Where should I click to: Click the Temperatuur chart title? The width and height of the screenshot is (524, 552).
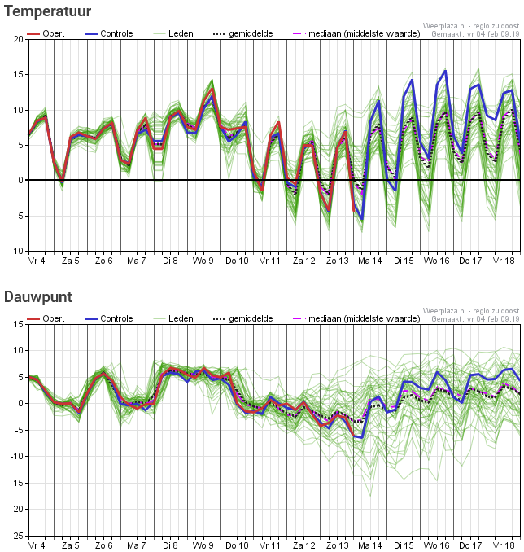[x=47, y=11]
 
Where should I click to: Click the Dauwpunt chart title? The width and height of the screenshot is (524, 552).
[x=38, y=297]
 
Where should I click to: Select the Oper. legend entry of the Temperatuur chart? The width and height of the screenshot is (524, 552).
[x=46, y=34]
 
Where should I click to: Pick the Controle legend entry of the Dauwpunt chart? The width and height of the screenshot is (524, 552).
[x=109, y=318]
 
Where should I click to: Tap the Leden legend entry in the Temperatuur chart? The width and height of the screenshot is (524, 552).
[x=173, y=34]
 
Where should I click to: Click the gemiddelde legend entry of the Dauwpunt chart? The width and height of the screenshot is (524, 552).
[x=242, y=318]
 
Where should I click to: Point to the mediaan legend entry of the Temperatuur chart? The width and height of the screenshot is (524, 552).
[x=356, y=34]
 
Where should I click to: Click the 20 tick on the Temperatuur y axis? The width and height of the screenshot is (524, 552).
[x=18, y=39]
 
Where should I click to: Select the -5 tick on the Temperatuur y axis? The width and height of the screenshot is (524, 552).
[x=18, y=216]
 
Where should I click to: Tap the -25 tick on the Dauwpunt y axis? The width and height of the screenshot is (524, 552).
[x=17, y=536]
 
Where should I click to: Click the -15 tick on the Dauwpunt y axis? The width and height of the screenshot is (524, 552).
[x=17, y=483]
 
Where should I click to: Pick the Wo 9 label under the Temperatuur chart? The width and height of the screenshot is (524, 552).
[x=203, y=261]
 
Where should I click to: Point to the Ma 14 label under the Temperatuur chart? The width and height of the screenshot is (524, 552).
[x=370, y=261]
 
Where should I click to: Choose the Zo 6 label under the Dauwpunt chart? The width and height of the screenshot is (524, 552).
[x=104, y=545]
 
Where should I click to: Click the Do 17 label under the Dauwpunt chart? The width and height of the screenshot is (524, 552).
[x=470, y=545]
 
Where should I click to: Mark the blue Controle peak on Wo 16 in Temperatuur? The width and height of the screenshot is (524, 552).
[x=446, y=71]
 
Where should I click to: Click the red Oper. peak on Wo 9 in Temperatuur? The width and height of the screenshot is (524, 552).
[x=212, y=89]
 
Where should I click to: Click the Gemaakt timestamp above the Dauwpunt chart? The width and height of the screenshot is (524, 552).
[x=475, y=319]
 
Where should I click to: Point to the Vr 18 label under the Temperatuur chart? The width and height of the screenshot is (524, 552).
[x=504, y=261]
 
